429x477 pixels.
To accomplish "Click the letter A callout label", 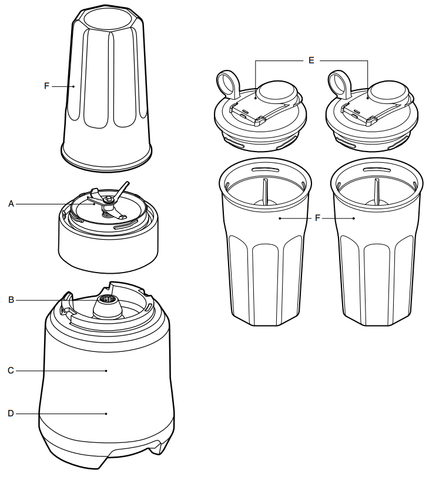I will point(11,204).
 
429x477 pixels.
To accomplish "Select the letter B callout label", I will point(11,300).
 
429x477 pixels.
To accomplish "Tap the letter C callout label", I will point(11,371).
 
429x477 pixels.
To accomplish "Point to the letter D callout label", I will point(11,414).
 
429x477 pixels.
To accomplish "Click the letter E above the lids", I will point(311,59).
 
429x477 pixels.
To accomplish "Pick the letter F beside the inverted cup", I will point(46,86).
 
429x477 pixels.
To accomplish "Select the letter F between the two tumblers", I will point(317,218).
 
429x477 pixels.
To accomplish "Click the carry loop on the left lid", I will point(226,82).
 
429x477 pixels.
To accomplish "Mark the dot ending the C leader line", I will point(106,371).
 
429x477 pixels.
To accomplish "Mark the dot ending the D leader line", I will point(106,414).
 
